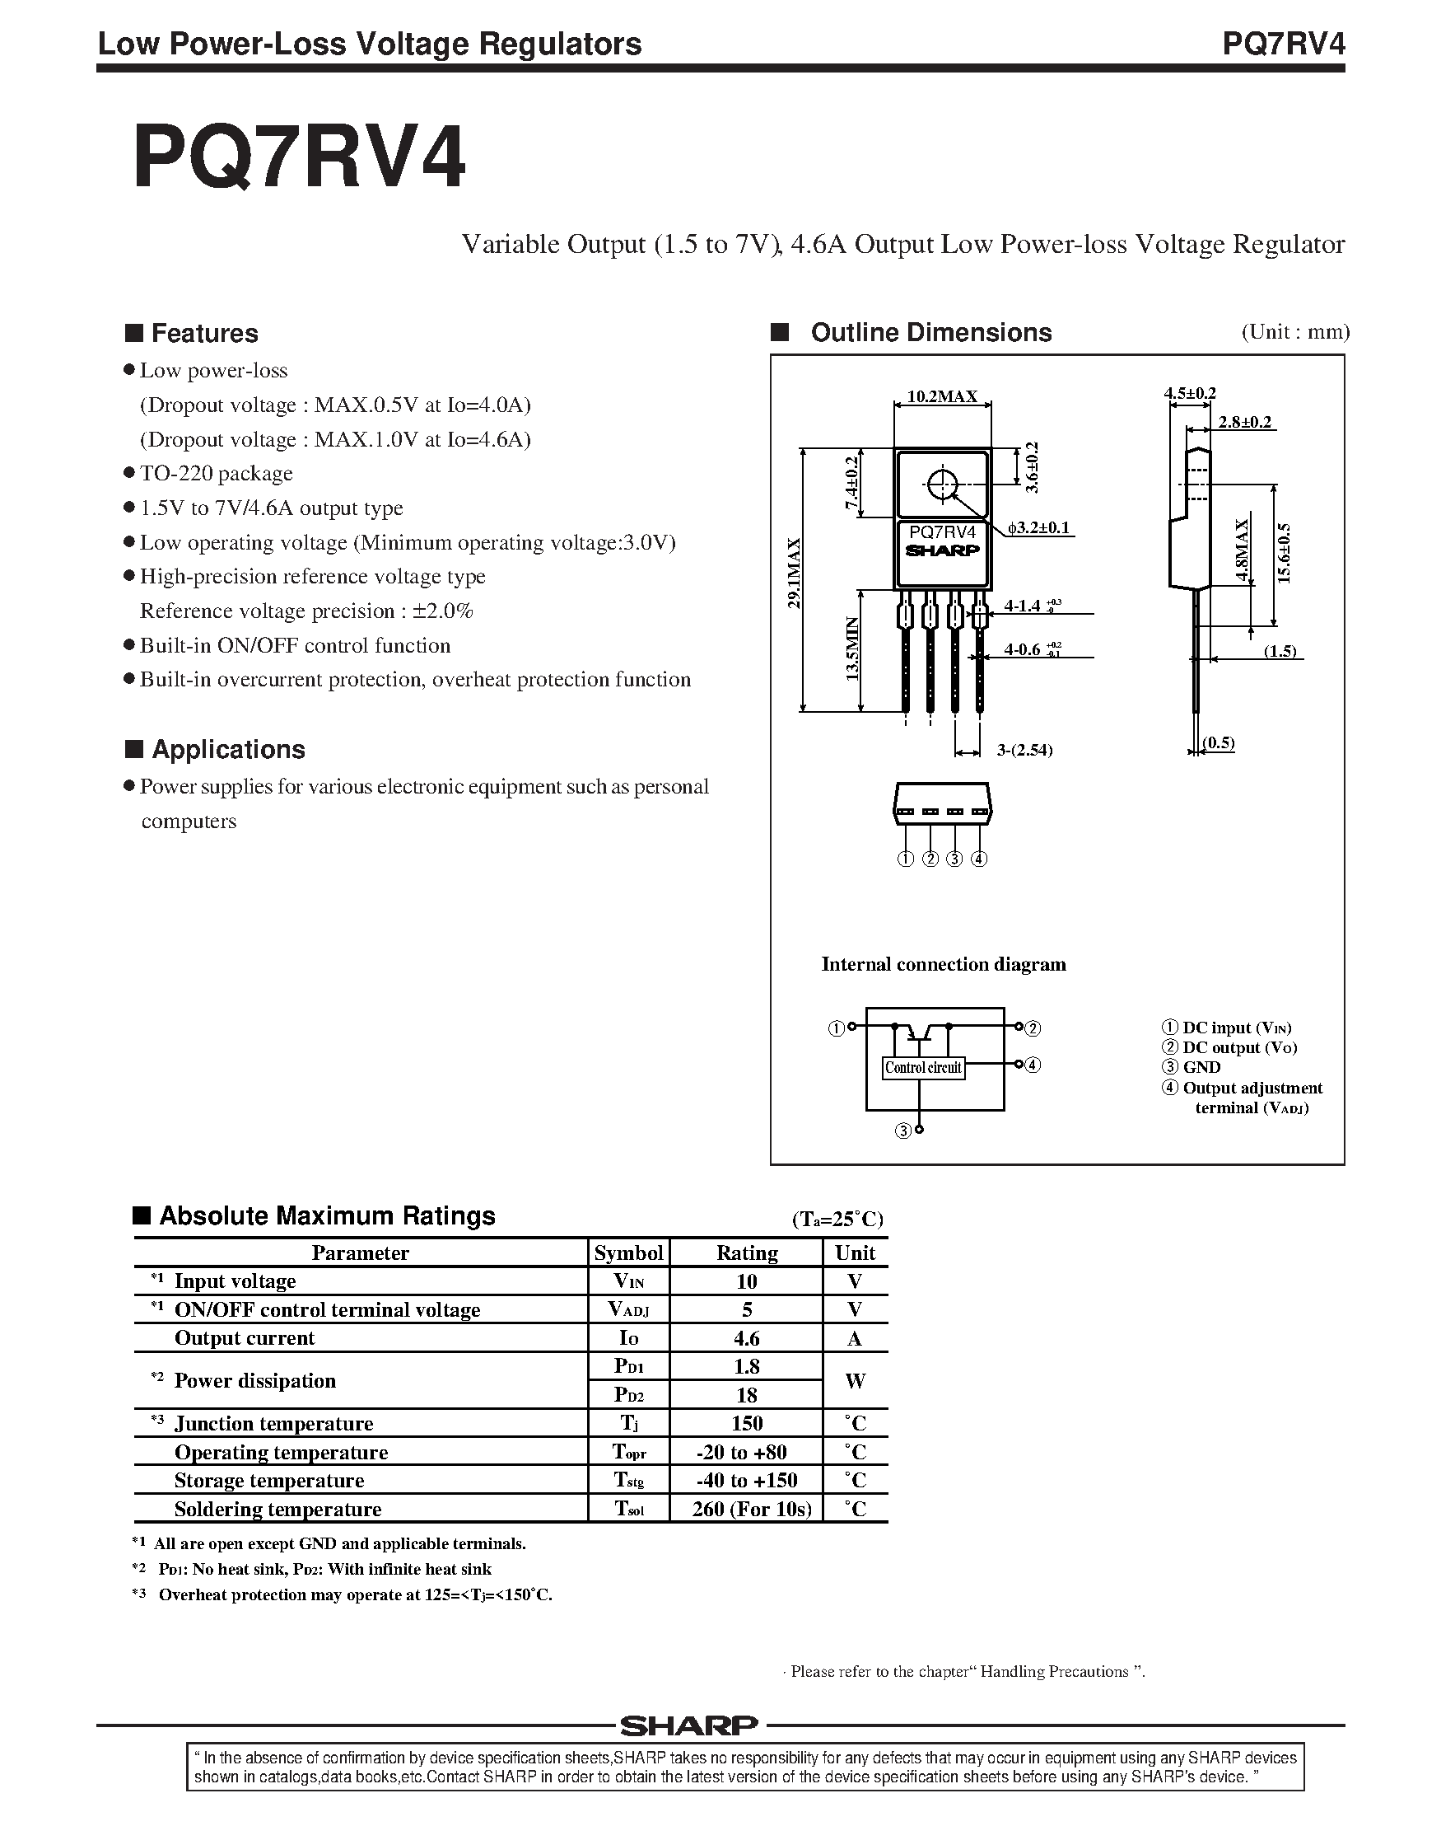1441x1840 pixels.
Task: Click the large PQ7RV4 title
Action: [300, 158]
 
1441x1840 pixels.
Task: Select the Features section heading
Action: [204, 334]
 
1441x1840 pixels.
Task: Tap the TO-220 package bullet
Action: [216, 474]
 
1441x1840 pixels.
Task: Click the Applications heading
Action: [228, 750]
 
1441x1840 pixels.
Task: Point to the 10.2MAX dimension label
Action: [941, 396]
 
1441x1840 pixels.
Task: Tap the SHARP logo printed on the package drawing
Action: [942, 550]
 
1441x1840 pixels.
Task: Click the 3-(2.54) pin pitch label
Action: [1024, 750]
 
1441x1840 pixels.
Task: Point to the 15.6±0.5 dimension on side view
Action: [1284, 553]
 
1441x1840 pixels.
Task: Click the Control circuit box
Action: [923, 1068]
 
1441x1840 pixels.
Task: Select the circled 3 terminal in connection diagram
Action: [902, 1131]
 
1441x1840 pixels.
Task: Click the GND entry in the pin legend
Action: [1201, 1068]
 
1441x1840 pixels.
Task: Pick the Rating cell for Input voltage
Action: [747, 1281]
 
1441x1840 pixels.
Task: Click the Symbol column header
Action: [628, 1252]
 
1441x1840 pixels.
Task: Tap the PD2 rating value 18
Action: [747, 1395]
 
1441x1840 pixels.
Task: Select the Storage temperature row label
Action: [269, 1481]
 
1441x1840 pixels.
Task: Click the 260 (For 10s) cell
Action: [751, 1509]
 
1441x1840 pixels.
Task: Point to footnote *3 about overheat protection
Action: [346, 1594]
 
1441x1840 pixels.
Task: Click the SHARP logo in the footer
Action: [689, 1726]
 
